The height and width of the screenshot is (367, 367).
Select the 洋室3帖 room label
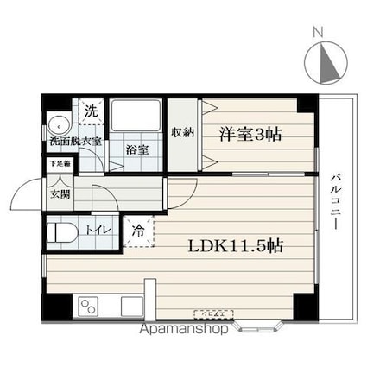250,135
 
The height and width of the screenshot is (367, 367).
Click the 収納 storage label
181,133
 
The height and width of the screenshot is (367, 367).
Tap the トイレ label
96,230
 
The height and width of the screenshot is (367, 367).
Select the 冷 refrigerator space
138,231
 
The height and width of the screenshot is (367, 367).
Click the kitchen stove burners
88,306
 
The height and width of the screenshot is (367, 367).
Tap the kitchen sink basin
130,306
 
